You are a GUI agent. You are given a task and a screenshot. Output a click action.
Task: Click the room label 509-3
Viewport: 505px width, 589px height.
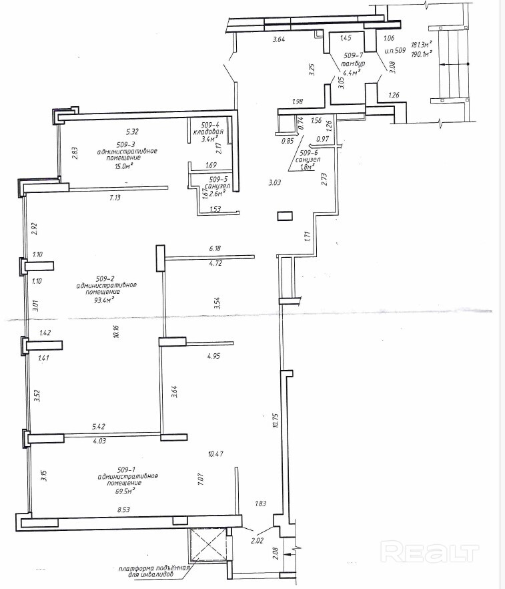click(x=126, y=144)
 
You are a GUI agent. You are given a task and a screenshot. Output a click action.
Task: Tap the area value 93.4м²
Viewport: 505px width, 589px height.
click(x=105, y=300)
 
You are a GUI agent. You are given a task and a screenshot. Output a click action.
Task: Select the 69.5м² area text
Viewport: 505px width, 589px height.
click(x=125, y=491)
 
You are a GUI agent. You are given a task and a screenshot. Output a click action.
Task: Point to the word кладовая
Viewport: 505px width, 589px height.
click(x=208, y=132)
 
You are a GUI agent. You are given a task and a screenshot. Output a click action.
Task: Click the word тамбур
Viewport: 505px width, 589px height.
click(x=353, y=64)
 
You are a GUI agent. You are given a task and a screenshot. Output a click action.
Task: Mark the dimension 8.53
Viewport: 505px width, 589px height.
click(x=125, y=510)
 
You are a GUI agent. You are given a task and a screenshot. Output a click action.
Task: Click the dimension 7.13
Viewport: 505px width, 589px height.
click(x=115, y=197)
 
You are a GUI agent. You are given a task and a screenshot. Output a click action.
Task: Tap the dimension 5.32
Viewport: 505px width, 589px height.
click(x=132, y=132)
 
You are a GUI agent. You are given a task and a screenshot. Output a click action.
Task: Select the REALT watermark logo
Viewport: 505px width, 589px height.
click(x=430, y=552)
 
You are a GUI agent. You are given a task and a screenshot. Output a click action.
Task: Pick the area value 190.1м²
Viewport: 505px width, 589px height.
click(x=421, y=53)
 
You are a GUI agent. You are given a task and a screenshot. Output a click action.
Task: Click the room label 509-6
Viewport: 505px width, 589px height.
click(x=309, y=153)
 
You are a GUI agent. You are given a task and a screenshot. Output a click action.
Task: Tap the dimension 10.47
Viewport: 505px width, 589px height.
click(x=215, y=454)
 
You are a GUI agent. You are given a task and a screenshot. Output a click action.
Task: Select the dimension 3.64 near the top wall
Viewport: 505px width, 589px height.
click(x=278, y=38)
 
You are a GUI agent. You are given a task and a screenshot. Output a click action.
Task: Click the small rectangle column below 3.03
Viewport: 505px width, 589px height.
click(x=285, y=216)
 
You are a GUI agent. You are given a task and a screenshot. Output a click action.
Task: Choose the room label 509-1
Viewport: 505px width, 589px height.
click(x=126, y=469)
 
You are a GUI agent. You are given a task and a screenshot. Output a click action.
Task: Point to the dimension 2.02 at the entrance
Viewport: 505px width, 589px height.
click(x=257, y=541)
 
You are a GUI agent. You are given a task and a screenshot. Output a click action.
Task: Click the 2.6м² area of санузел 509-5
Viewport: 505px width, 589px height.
click(x=217, y=193)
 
